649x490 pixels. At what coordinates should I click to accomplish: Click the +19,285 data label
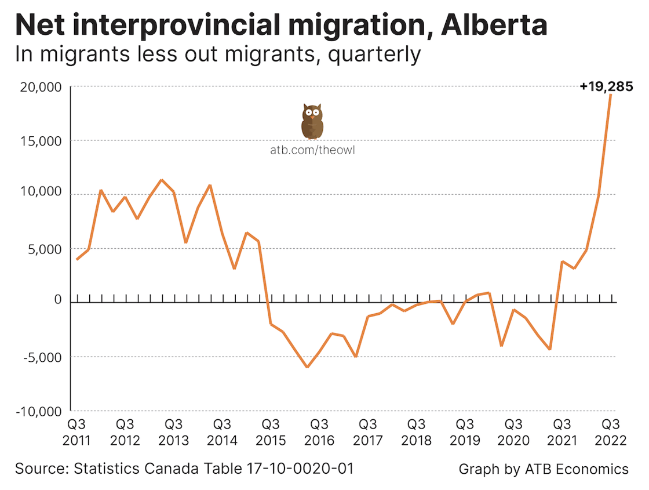tap(606, 87)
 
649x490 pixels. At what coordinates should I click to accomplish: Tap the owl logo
tap(312, 121)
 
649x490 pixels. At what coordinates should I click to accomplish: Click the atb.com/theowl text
tap(312, 150)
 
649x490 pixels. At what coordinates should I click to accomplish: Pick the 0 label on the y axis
tap(57, 300)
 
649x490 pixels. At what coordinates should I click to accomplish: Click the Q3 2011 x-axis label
tap(76, 432)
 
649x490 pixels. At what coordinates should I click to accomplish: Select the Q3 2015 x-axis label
tap(271, 432)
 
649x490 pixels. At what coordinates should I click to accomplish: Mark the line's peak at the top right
tap(611, 95)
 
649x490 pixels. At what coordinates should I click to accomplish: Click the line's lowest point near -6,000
tap(307, 367)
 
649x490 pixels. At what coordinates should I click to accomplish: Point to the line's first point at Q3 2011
tap(76, 259)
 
